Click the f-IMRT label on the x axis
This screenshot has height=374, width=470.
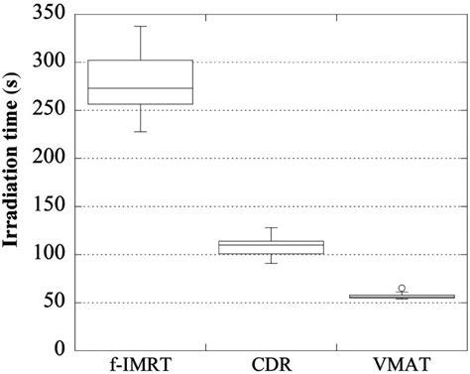(141, 362)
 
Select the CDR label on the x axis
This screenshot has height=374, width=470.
(271, 362)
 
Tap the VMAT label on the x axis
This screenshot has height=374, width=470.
(402, 362)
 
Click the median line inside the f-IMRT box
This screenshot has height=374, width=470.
(141, 88)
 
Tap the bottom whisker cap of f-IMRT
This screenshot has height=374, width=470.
(141, 131)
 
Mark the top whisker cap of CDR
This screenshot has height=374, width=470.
(271, 227)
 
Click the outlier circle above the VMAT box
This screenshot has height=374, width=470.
(402, 288)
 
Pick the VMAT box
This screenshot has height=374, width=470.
(402, 297)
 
